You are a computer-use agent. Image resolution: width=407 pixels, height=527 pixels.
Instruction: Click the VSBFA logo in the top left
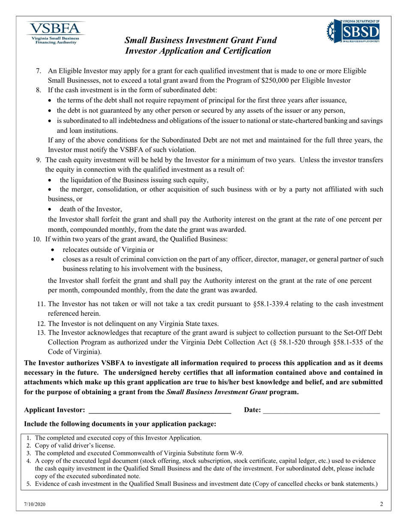click(54, 33)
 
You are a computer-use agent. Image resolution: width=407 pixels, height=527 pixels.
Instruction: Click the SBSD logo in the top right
click(353, 31)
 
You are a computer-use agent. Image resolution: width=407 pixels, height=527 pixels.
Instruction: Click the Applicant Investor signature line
click(159, 410)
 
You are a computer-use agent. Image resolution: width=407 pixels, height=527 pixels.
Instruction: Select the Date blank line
click(321, 410)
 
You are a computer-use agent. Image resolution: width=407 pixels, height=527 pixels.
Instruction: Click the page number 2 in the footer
click(381, 505)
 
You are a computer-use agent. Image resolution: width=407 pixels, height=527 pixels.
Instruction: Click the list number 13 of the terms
click(41, 332)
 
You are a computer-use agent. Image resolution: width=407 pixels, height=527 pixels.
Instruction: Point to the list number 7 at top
click(39, 71)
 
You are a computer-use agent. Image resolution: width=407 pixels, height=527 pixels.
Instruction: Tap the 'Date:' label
click(252, 410)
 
